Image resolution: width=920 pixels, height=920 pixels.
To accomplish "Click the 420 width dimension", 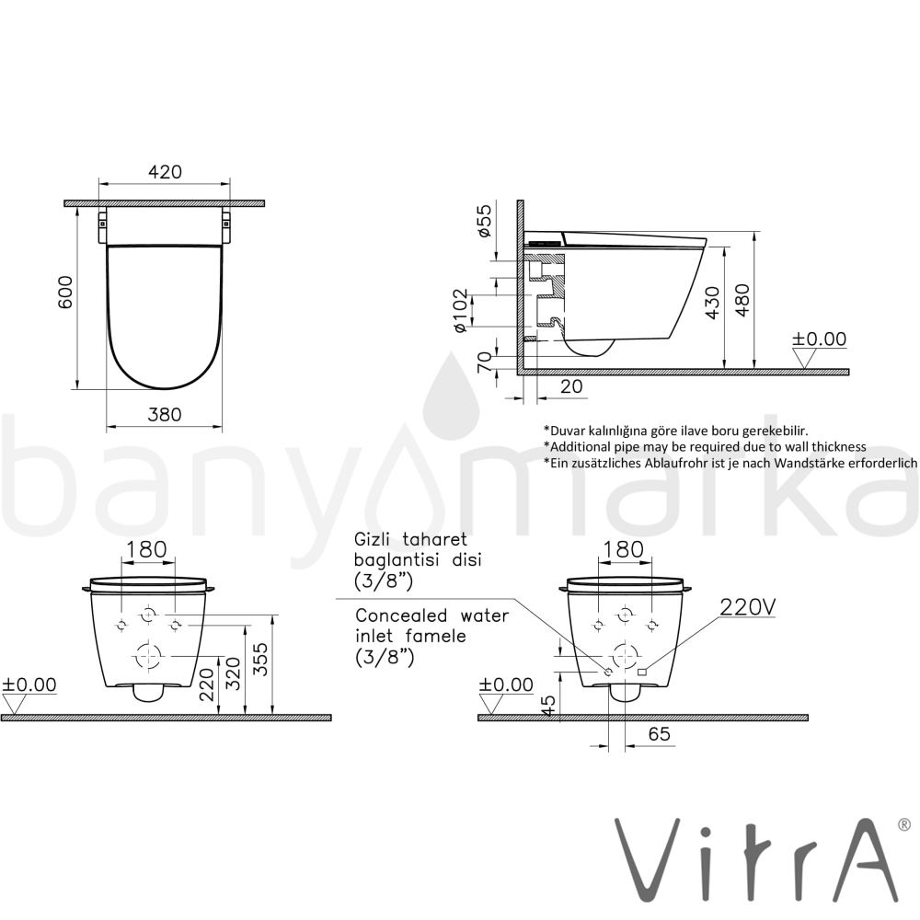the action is coord(165,172).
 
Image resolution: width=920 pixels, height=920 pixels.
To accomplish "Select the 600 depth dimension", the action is coord(65,293).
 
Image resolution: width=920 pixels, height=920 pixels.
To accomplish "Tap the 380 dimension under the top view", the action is coord(165,414).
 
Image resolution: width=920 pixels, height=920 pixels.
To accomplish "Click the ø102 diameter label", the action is coord(461,310).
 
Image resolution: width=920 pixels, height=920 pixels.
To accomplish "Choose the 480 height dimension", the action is coord(742,301).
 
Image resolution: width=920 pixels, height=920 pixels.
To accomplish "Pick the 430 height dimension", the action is coord(712,303).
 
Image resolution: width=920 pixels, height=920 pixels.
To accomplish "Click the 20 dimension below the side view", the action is coord(571,386).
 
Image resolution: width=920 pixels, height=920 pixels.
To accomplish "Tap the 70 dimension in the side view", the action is coord(484,362).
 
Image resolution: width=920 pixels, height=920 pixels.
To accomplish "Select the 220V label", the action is coord(747,607).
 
